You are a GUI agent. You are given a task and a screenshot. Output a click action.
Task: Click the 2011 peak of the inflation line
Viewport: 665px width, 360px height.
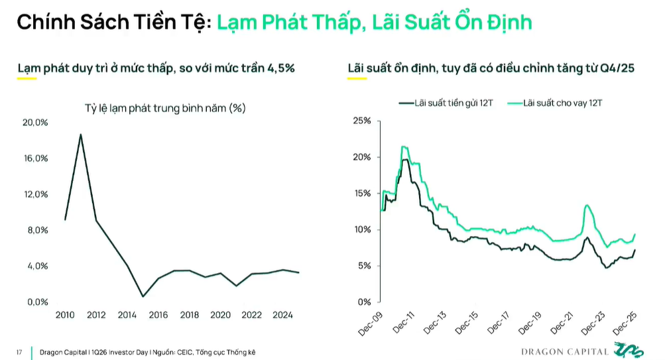[81, 135]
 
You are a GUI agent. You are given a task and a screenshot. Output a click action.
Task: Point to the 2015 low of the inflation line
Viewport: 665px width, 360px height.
[143, 296]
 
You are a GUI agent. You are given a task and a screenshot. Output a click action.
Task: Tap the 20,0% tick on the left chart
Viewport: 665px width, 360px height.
[35, 123]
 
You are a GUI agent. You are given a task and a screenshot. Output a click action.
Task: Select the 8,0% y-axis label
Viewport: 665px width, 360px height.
[35, 230]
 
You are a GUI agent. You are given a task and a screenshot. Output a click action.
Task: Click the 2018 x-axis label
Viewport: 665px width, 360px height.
[190, 315]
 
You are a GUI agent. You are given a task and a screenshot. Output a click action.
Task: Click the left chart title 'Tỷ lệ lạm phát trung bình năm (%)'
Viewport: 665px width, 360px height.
[165, 108]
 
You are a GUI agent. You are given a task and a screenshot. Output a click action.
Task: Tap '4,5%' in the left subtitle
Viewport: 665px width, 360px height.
[280, 68]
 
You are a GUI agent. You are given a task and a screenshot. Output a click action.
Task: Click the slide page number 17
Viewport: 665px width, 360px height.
[19, 351]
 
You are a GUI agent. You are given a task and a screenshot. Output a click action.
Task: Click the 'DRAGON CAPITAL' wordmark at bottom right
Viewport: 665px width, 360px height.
[564, 351]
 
